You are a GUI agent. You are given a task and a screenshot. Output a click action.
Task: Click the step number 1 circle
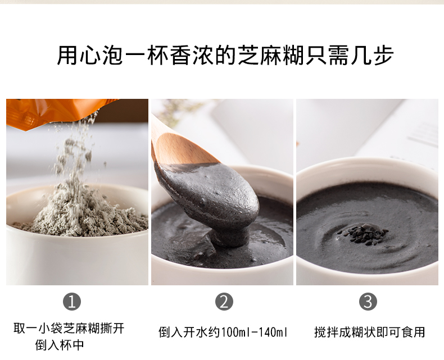pyautogui.click(x=71, y=302)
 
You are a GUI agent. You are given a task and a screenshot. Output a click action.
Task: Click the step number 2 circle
pyautogui.click(x=224, y=302)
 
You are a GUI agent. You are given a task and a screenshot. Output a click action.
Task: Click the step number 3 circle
pyautogui.click(x=368, y=302)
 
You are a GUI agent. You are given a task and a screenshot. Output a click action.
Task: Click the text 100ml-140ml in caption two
pyautogui.click(x=256, y=332)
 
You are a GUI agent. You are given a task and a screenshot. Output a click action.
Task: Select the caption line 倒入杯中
pyautogui.click(x=60, y=345)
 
